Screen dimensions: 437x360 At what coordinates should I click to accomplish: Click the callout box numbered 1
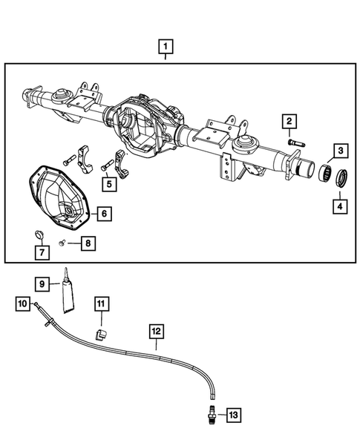pyautogui.click(x=166, y=48)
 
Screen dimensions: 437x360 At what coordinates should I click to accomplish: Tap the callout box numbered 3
pyautogui.click(x=338, y=151)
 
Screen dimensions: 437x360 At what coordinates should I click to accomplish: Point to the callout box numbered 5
pyautogui.click(x=108, y=183)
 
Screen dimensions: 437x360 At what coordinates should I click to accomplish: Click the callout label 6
pyautogui.click(x=103, y=214)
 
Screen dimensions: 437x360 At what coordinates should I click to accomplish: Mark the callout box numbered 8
pyautogui.click(x=88, y=242)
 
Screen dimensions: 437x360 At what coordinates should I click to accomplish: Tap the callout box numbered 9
pyautogui.click(x=43, y=283)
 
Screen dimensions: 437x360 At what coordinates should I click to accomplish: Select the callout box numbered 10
pyautogui.click(x=23, y=303)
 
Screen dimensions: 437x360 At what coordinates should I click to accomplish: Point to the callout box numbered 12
pyautogui.click(x=157, y=329)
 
